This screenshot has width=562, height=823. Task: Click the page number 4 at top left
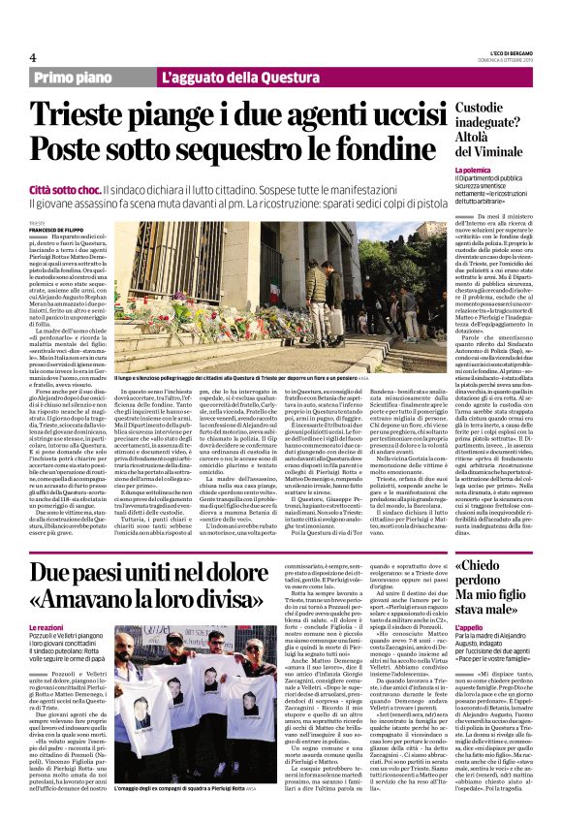point(33,57)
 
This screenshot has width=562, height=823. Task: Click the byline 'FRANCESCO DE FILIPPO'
point(59,228)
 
